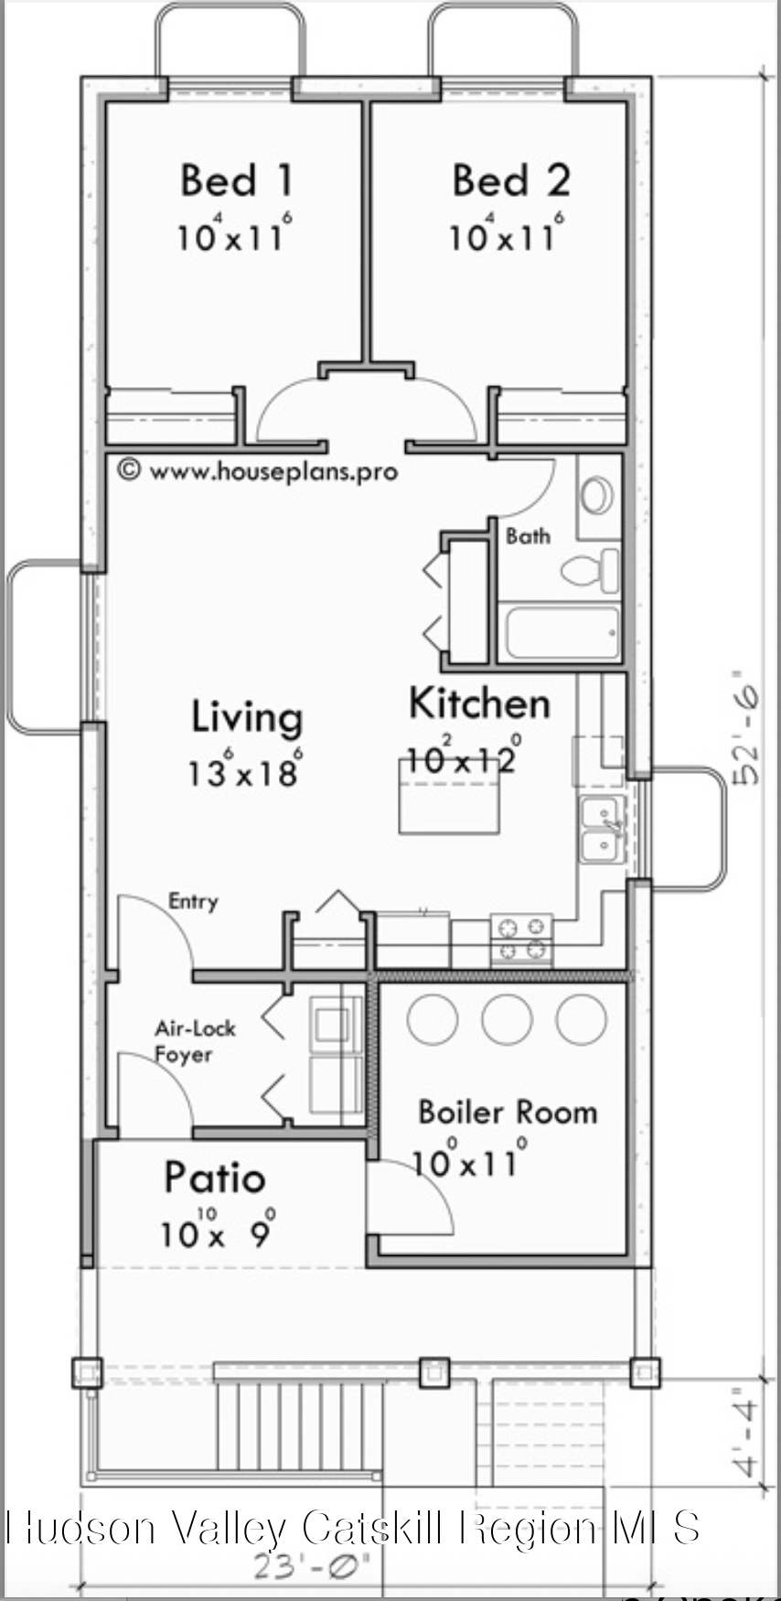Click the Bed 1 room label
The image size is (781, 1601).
[237, 180]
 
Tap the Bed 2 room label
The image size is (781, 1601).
[510, 180]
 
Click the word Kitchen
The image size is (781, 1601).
[479, 704]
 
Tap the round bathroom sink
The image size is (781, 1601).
[597, 495]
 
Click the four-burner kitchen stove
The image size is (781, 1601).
[521, 939]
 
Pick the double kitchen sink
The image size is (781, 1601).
[602, 828]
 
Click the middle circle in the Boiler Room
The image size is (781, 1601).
[507, 1019]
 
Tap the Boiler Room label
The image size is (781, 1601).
[508, 1112]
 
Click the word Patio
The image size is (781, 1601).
[215, 1177]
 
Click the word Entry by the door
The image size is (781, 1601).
[193, 901]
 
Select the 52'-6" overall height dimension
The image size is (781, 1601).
[747, 735]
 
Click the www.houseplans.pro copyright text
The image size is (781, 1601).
[259, 471]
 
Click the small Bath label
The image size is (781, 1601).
[528, 536]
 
